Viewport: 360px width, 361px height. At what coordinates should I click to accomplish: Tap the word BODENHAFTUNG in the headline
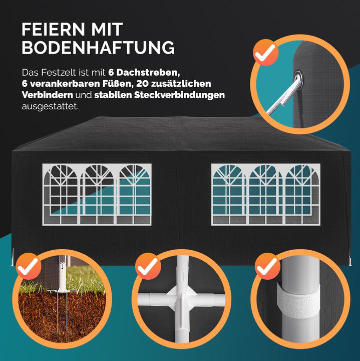98,48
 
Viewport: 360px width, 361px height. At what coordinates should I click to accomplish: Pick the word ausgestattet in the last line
50,107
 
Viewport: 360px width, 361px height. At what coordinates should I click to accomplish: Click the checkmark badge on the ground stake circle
29,266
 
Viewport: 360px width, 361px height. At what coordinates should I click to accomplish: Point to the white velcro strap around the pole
298,301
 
